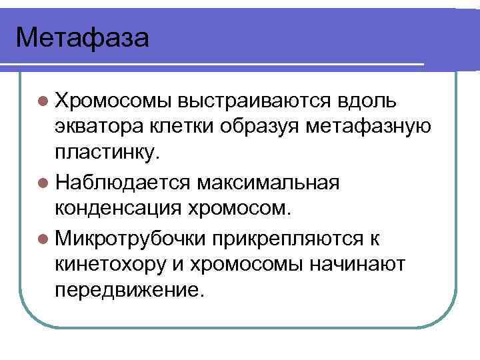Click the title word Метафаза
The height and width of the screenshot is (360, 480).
tap(83, 37)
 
